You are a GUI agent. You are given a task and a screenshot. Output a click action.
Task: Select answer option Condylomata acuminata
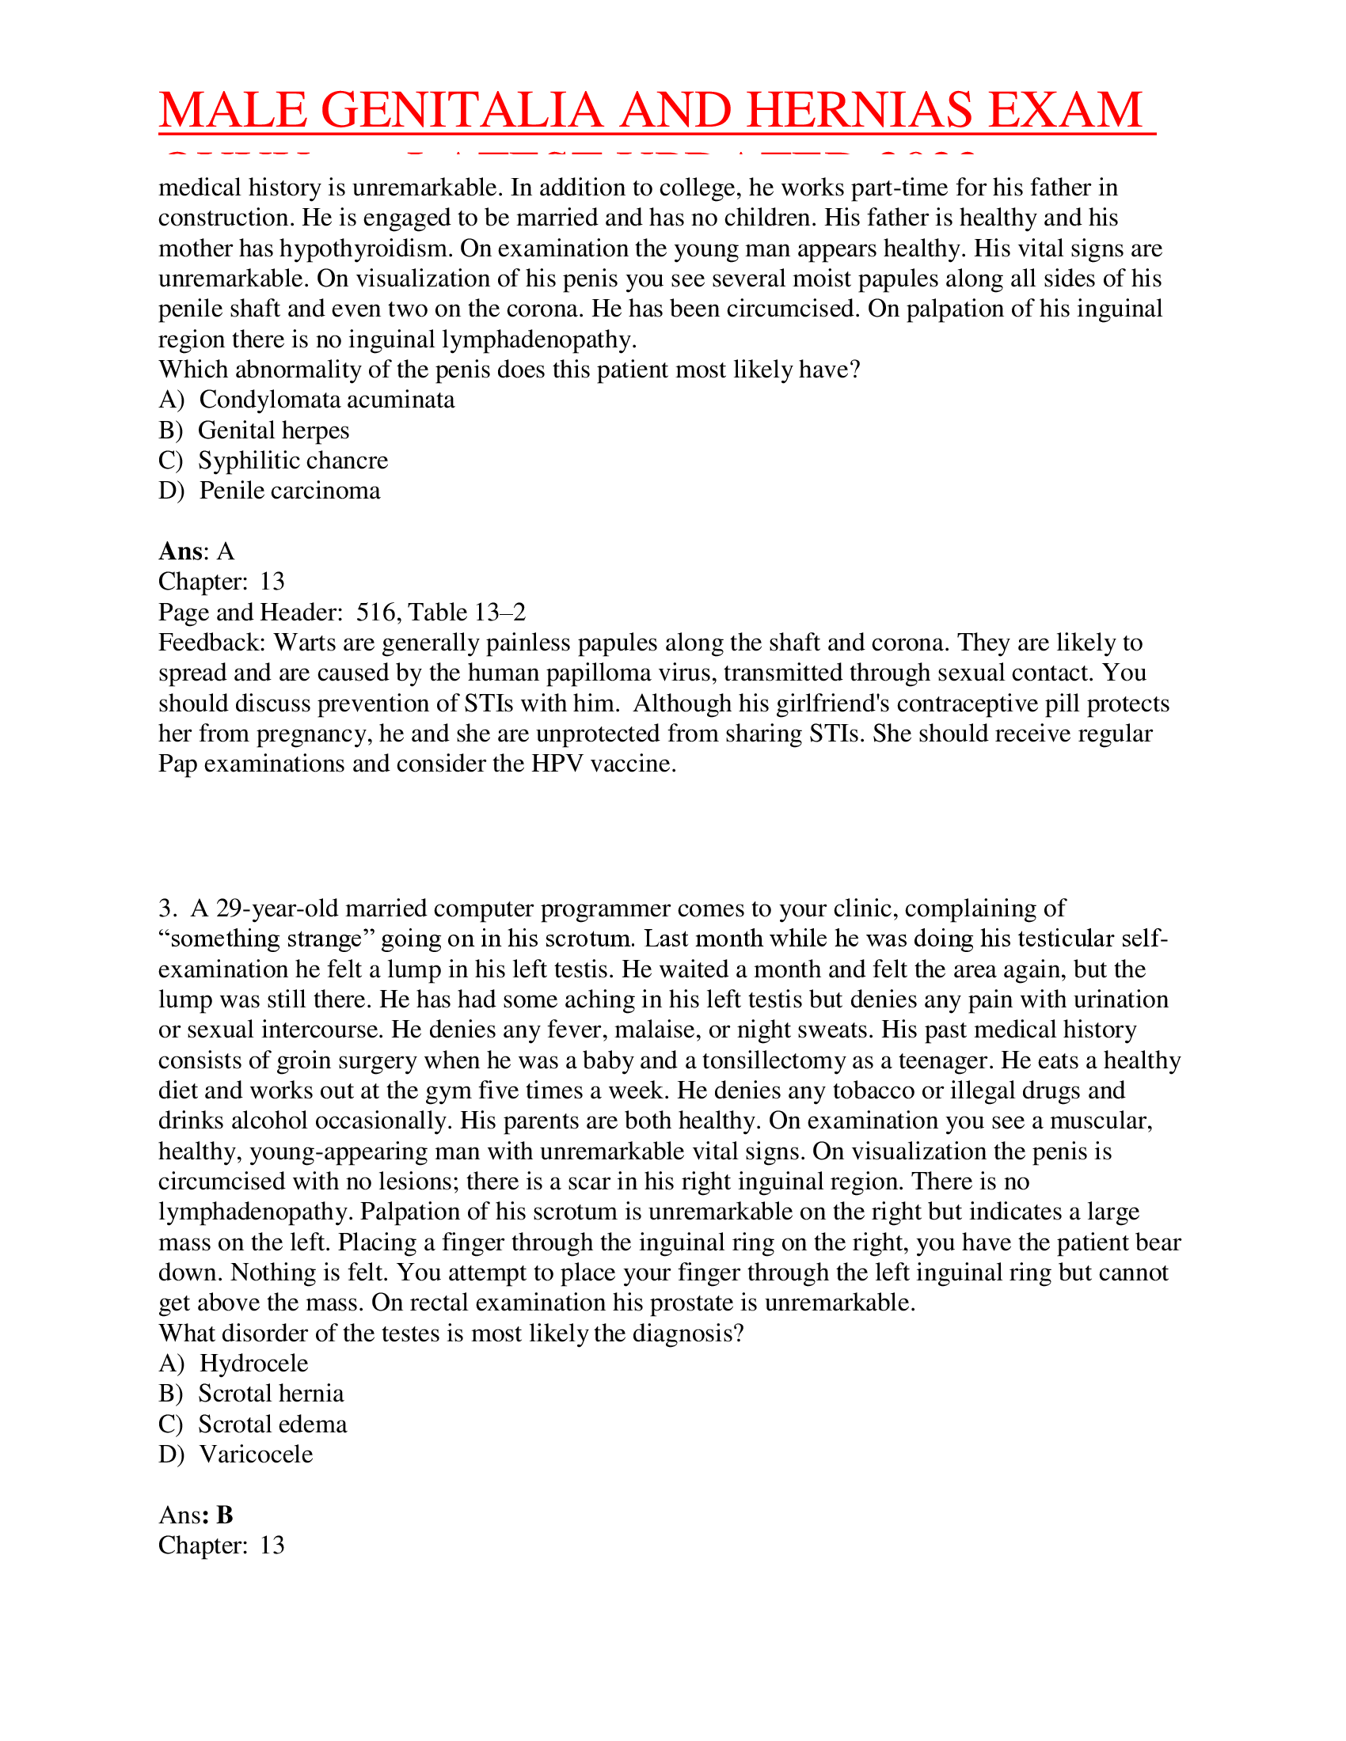click(326, 400)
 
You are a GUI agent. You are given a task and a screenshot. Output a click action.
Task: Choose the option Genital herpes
click(273, 431)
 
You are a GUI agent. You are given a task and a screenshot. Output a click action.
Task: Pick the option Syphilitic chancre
click(293, 461)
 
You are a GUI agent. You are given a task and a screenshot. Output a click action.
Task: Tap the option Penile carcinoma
click(290, 491)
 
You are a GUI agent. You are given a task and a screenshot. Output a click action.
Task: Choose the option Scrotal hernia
click(271, 1394)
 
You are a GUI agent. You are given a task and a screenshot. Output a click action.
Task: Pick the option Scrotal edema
click(272, 1424)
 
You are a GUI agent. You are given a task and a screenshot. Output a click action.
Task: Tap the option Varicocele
click(256, 1455)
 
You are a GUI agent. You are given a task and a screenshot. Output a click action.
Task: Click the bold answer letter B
click(225, 1515)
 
